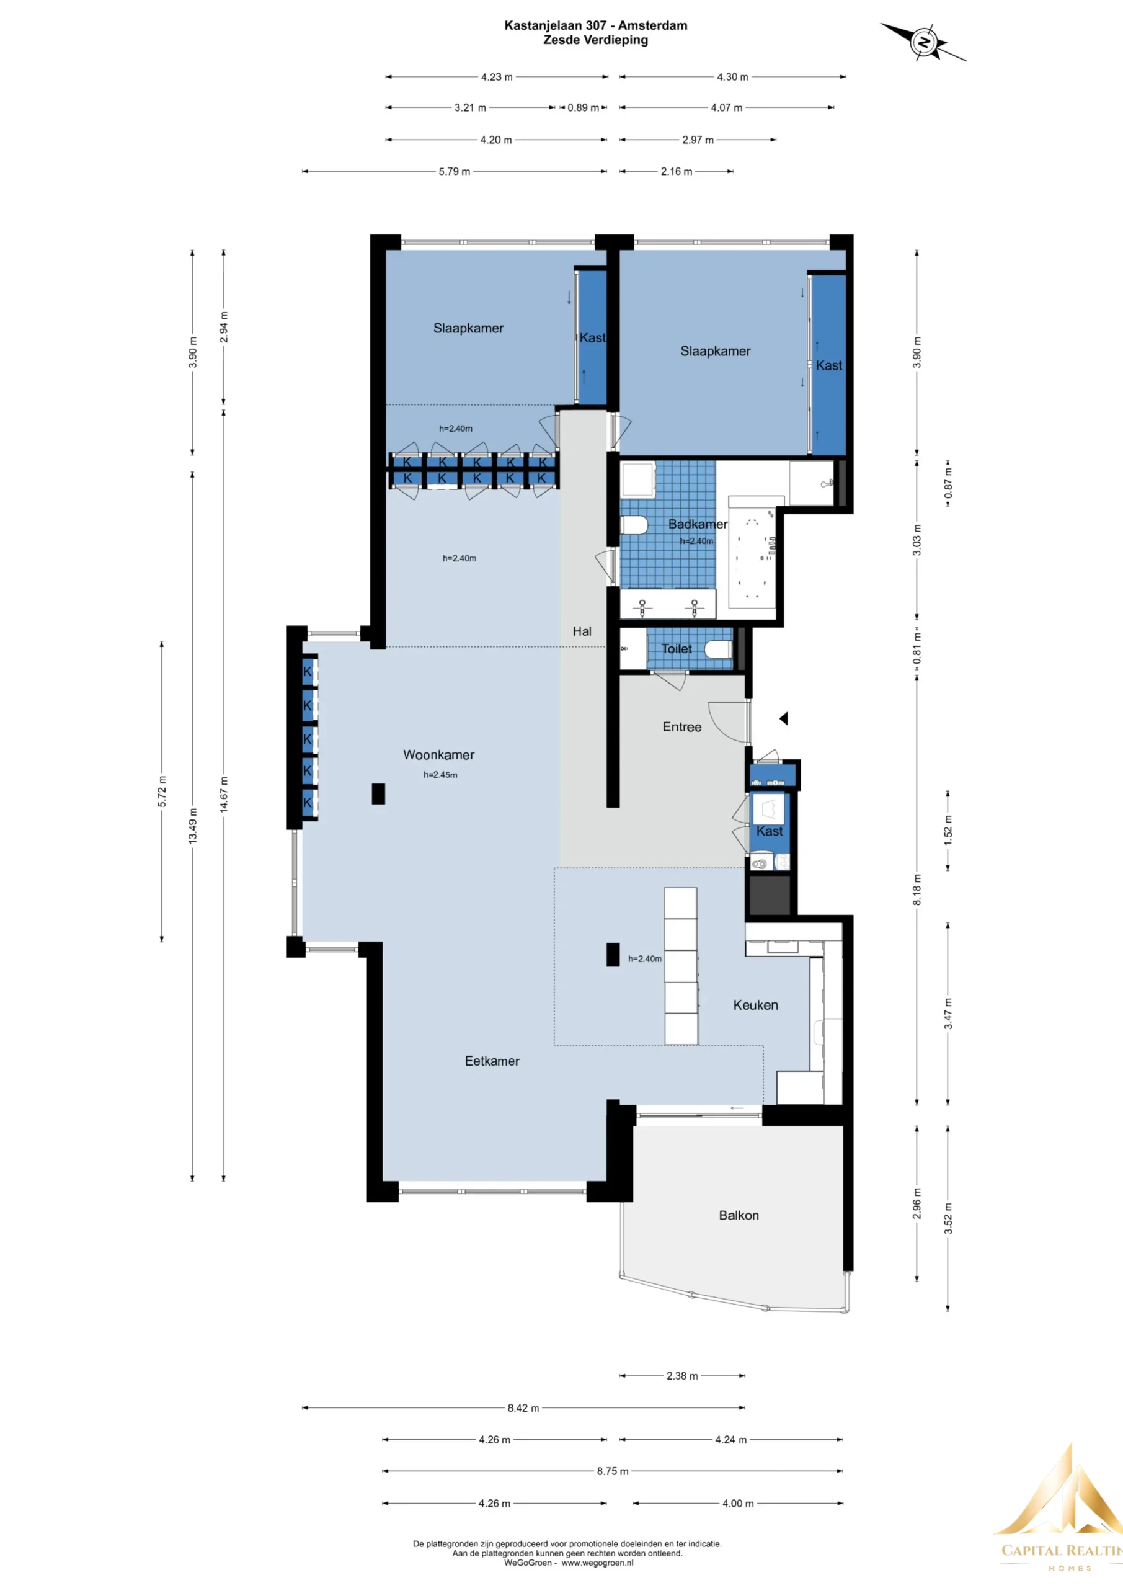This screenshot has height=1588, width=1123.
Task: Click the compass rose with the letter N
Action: pos(923,42)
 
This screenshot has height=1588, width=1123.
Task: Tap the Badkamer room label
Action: pos(697,524)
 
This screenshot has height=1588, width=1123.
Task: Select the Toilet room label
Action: pos(677,649)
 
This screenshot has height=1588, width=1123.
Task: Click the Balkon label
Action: pos(739,1215)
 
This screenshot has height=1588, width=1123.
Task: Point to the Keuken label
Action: pos(755,1005)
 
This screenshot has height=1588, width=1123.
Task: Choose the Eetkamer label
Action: pos(492,1061)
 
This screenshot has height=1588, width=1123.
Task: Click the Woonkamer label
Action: pos(438,754)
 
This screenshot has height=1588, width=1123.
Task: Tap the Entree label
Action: pos(682,727)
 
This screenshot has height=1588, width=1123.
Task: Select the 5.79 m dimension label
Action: pos(455,172)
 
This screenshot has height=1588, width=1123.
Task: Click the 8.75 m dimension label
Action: pos(613,1471)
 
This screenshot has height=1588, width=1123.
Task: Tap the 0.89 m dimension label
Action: pos(583,107)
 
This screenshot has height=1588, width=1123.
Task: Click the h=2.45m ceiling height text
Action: pos(440,775)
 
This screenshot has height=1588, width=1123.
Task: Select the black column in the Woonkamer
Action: pos(378,793)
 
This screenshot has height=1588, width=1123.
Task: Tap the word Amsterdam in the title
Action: pos(653,25)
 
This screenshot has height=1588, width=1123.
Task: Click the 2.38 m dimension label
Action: pos(682,1376)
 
